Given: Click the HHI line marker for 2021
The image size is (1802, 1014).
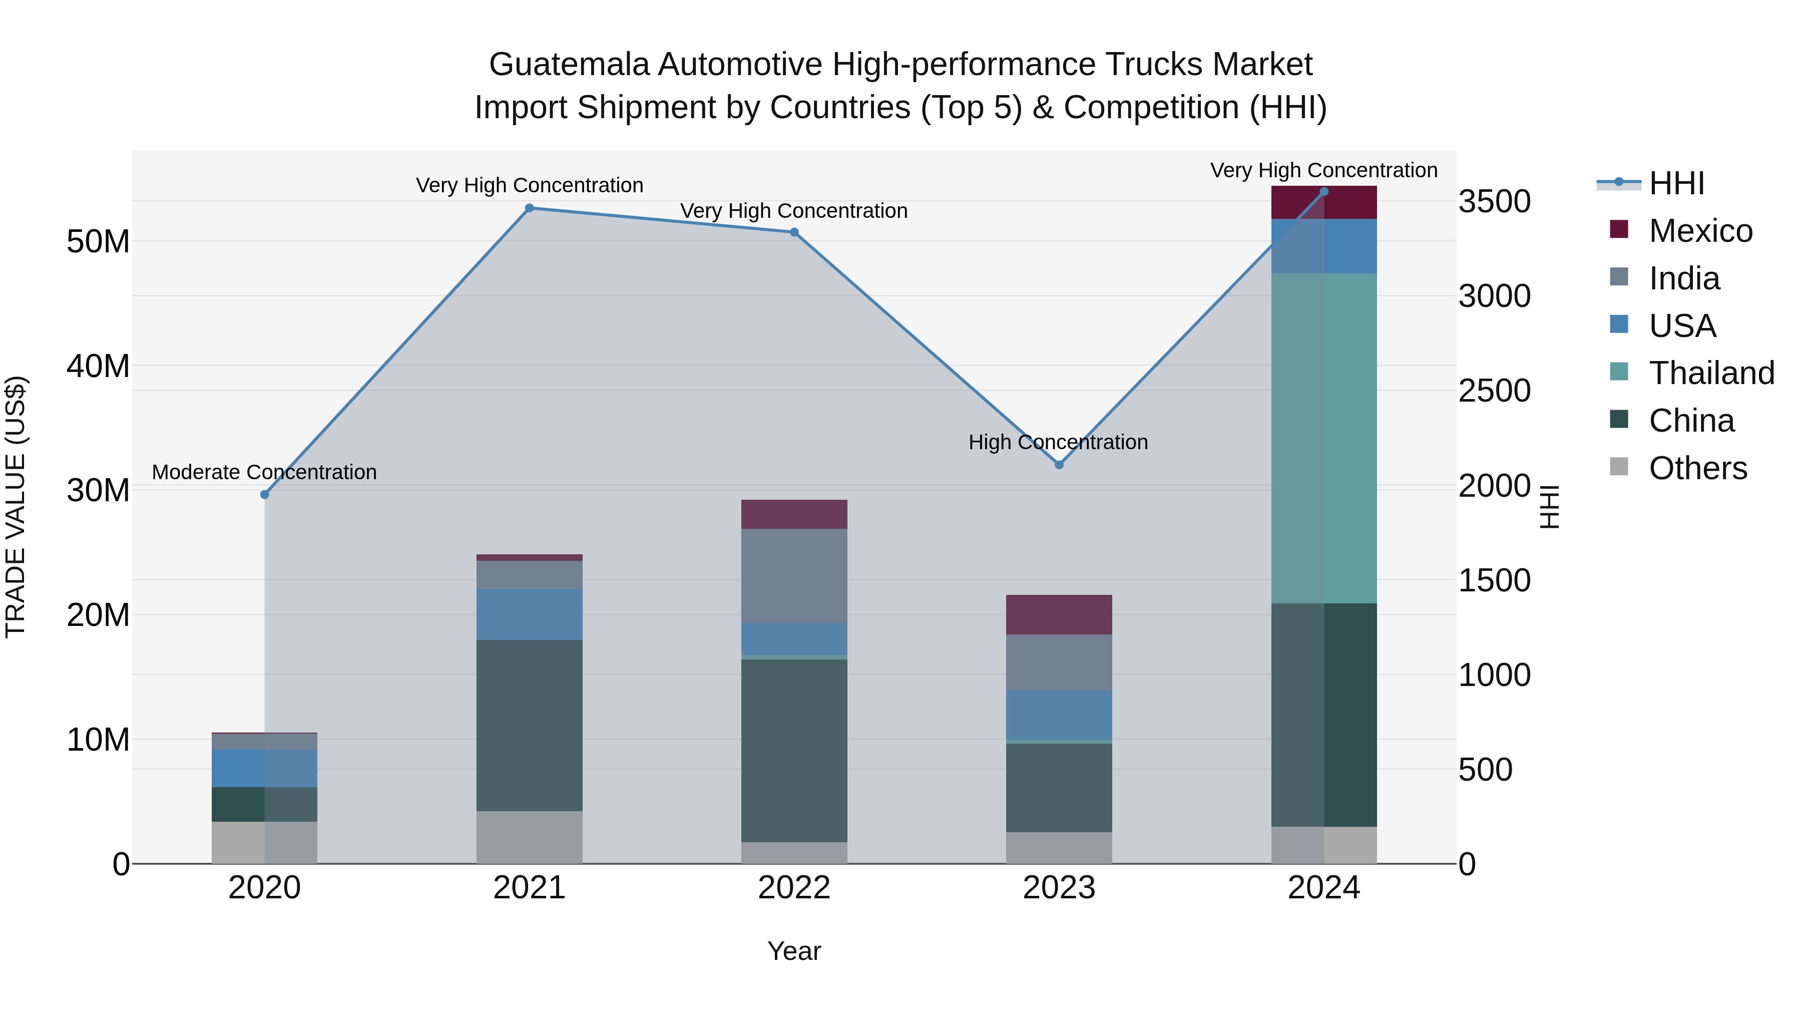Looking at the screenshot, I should click(x=530, y=208).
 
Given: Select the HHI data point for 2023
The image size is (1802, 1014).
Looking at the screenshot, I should click(x=1059, y=465).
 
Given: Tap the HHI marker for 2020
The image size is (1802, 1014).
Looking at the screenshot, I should click(x=264, y=495).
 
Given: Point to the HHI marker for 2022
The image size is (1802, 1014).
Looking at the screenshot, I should click(x=794, y=232).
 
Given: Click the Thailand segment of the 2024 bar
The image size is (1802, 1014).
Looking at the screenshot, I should click(x=1323, y=438).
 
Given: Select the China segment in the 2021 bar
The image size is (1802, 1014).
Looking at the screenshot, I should click(x=530, y=725).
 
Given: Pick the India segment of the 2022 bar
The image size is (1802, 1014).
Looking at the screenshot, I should click(x=794, y=575).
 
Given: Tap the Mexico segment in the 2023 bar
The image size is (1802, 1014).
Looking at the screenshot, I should click(x=1059, y=614).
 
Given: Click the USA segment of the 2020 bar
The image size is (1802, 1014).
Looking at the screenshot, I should click(x=264, y=768).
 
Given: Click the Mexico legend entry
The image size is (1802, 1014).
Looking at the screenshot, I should click(x=1700, y=231).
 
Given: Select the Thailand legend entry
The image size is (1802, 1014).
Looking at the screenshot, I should click(x=1711, y=373).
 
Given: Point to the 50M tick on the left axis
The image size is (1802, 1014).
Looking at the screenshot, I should click(x=98, y=241).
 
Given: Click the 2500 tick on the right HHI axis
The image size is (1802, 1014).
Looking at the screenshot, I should click(x=1494, y=391).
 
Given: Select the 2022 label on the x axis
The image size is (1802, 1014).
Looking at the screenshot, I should click(x=794, y=888).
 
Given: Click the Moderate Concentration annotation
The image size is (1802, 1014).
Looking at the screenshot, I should click(x=264, y=472).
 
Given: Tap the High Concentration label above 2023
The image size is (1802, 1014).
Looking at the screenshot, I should click(x=1058, y=442).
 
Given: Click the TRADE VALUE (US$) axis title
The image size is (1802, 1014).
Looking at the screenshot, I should click(x=16, y=507).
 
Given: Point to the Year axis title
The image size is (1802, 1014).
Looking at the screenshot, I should click(x=794, y=951).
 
